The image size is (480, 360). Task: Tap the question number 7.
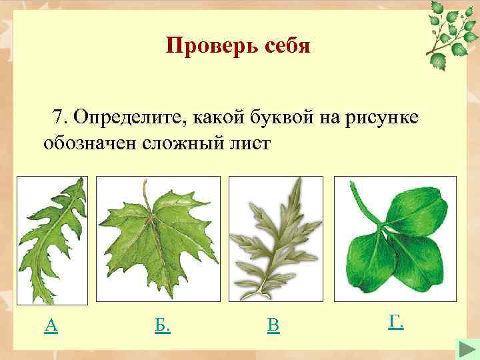61,117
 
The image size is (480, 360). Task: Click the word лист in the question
253,143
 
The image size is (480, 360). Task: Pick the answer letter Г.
395,323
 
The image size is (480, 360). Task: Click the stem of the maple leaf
146,193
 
